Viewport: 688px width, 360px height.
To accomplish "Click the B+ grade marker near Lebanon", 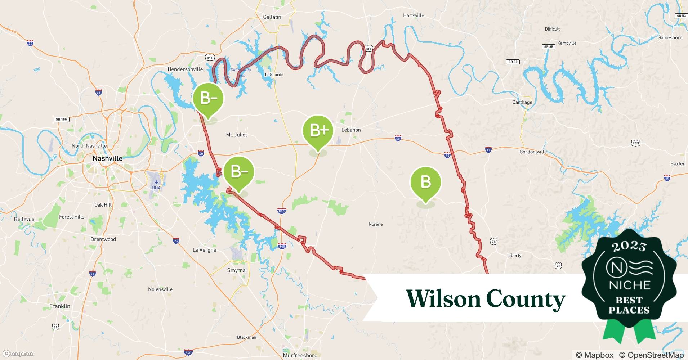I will point(318,131).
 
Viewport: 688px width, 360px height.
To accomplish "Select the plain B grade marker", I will point(425,182).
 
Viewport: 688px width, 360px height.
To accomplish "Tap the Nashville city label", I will point(107,158).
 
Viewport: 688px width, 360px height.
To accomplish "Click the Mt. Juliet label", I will point(236,135).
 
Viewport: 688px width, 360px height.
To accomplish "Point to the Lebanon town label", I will point(351,130).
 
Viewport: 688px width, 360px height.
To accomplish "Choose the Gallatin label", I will point(272,17).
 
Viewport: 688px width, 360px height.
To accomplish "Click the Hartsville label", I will point(414,15).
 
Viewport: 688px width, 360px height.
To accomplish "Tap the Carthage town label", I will point(522,102).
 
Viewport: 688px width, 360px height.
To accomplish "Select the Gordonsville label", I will point(533,152).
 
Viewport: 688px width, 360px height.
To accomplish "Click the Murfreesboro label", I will point(300,355).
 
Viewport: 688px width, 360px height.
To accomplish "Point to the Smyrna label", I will point(236,270).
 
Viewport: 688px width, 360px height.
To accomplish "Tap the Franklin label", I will point(60,306).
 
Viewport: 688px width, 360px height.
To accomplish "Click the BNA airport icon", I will point(156,183).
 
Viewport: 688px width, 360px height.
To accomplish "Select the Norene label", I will point(375,224).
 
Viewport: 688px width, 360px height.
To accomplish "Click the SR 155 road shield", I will point(62,119).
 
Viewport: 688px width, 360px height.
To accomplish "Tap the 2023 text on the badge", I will point(629,247).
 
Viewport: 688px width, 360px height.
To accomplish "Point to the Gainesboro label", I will point(670,37).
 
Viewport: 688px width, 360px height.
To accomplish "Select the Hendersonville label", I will point(185,69).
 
